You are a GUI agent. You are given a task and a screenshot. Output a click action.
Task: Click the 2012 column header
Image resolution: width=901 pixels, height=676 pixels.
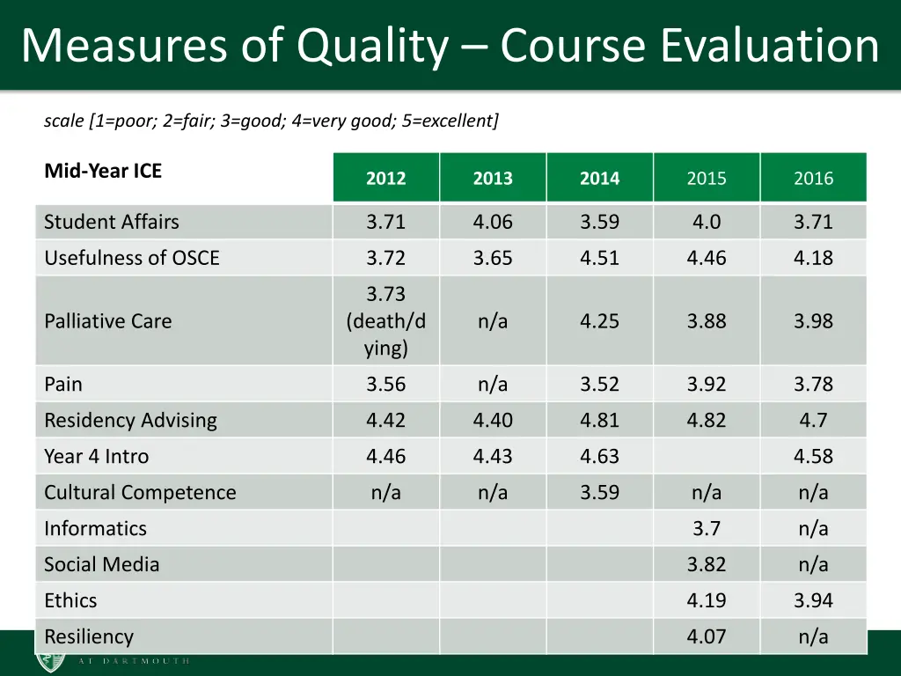(386, 178)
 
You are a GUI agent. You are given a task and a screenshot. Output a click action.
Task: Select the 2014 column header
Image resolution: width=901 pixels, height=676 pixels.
(599, 178)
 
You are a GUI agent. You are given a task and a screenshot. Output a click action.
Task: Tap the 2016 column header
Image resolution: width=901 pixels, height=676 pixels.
(813, 178)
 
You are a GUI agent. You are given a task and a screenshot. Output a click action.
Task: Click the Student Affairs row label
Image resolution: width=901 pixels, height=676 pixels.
(112, 222)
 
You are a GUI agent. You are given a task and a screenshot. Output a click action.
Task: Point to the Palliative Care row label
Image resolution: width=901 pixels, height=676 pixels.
(108, 321)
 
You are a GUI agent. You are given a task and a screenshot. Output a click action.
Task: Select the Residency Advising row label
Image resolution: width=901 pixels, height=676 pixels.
(130, 421)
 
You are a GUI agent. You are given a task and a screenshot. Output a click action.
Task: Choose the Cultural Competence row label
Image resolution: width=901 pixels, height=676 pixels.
(140, 493)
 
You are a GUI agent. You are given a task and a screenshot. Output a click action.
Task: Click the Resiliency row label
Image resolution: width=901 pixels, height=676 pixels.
(89, 637)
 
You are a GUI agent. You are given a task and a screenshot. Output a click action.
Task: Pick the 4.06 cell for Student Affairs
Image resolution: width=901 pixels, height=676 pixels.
(493, 222)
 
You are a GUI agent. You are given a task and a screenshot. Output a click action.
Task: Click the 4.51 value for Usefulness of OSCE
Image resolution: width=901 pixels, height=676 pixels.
(599, 258)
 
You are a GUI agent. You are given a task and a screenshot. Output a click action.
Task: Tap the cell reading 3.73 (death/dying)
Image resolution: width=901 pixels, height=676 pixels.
(386, 321)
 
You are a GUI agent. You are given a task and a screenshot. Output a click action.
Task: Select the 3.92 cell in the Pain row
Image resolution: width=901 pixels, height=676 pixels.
(707, 385)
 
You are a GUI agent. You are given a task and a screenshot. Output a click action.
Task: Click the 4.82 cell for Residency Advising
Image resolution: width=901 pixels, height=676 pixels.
(707, 421)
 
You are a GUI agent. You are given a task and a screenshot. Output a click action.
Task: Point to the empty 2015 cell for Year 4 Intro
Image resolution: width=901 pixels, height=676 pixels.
(707, 457)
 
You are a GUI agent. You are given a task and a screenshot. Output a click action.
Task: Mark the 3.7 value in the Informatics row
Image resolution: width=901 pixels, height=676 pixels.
(707, 529)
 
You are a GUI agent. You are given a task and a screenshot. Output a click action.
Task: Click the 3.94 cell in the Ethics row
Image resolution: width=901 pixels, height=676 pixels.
(813, 601)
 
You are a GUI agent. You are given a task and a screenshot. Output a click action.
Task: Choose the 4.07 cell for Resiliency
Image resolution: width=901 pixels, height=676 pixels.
(707, 637)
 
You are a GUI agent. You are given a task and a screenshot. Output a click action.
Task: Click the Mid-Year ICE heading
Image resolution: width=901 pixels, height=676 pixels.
(103, 171)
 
